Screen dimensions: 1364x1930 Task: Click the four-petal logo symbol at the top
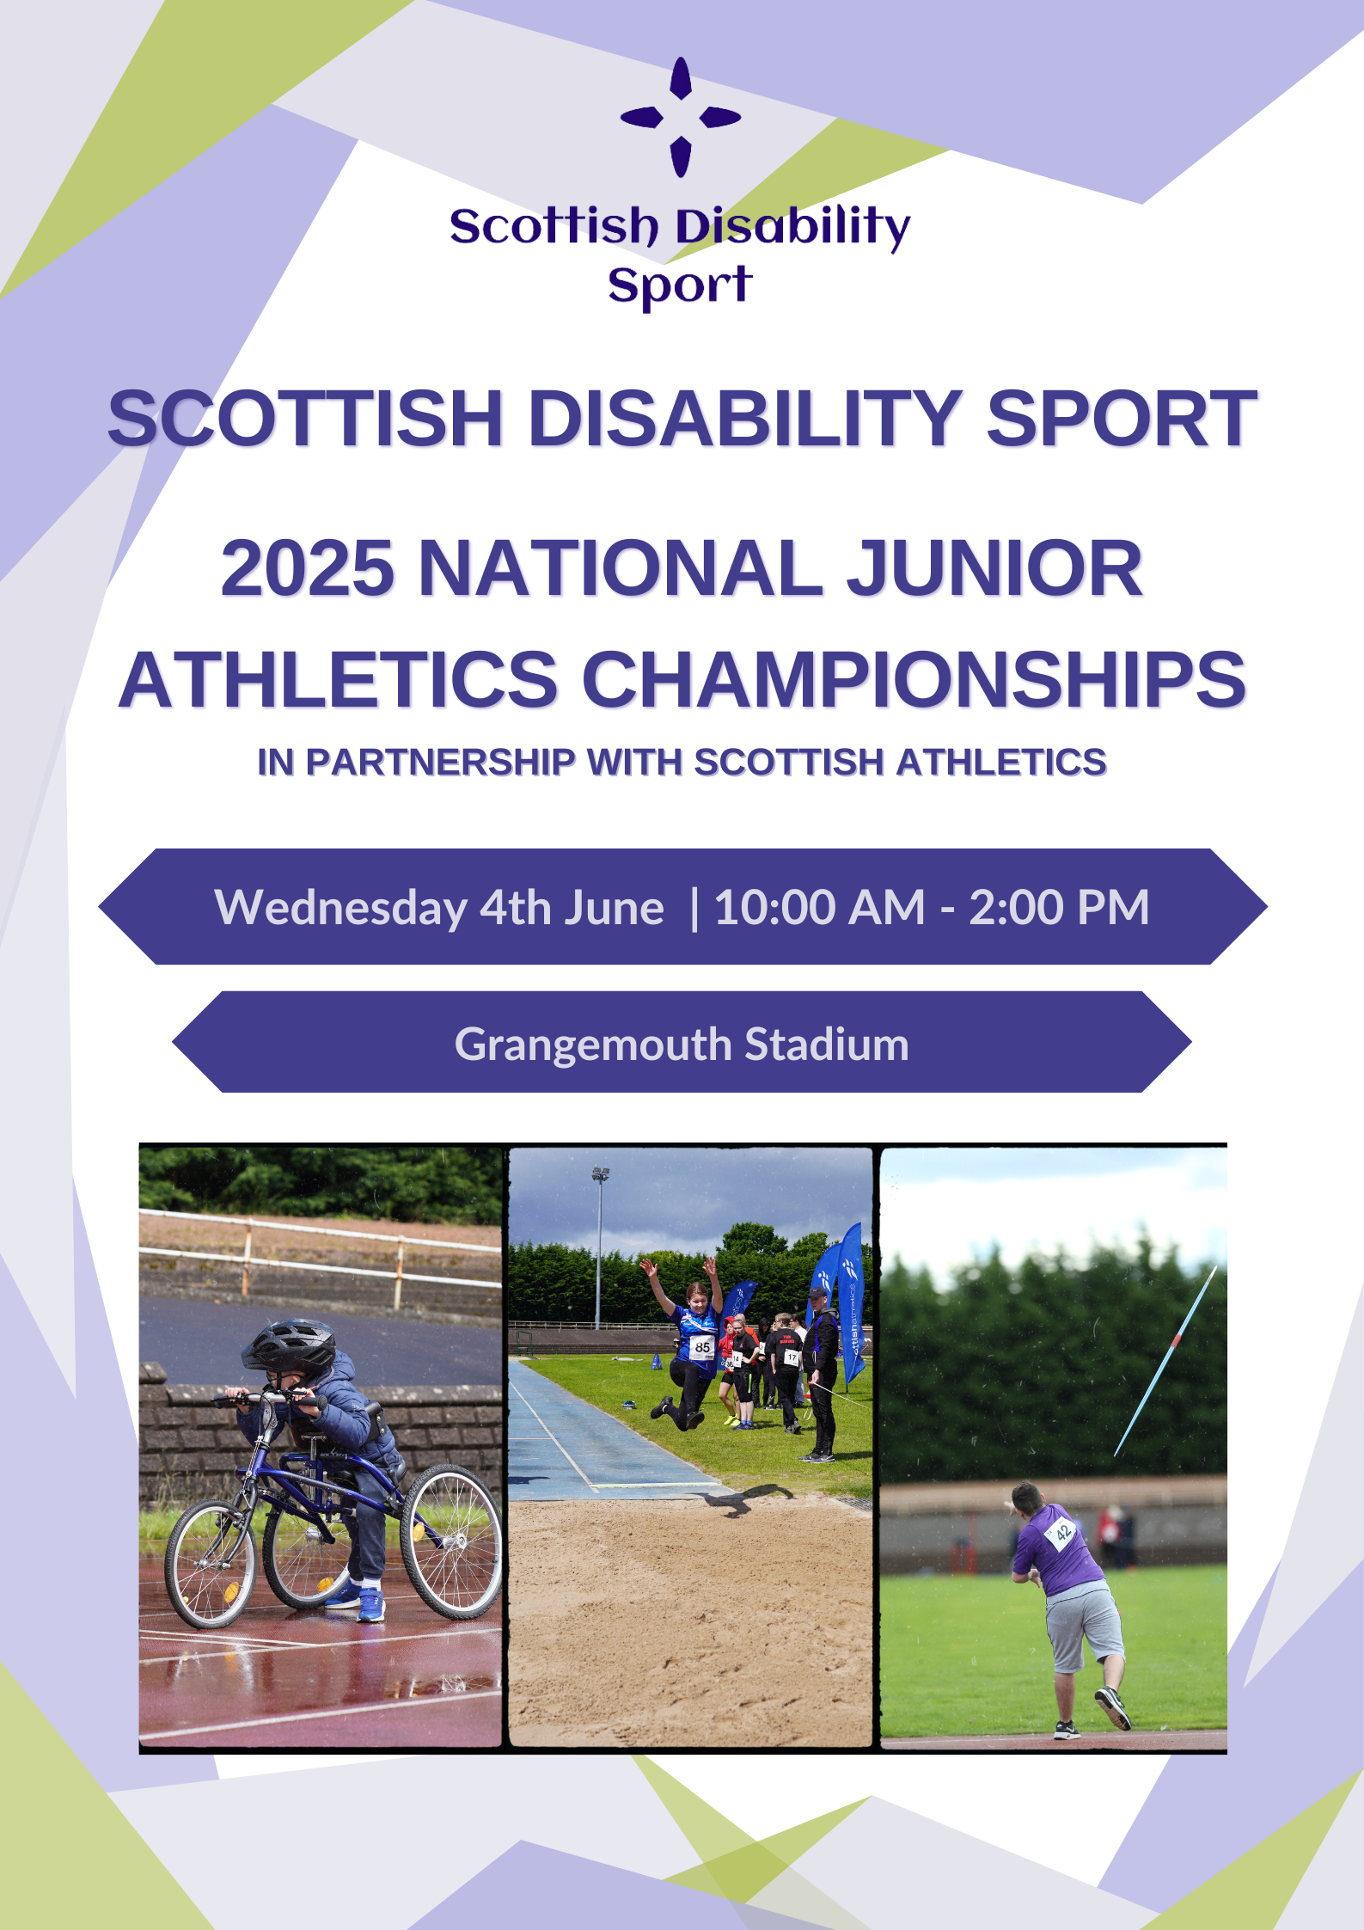click(681, 117)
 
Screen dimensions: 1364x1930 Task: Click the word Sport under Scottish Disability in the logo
click(680, 286)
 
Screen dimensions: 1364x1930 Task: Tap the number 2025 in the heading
click(308, 568)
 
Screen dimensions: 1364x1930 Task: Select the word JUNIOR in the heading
click(994, 568)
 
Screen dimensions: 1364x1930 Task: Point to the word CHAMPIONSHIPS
click(914, 679)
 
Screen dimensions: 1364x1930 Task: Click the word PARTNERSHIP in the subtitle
click(440, 763)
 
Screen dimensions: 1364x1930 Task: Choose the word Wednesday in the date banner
click(341, 908)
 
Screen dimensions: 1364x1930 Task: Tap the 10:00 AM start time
click(819, 908)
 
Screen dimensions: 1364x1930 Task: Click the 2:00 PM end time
click(1059, 908)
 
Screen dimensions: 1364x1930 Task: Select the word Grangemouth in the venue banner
click(593, 1045)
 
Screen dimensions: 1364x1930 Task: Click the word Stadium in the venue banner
click(827, 1044)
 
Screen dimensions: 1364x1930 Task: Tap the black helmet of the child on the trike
click(290, 1345)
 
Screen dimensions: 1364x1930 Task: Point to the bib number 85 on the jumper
click(703, 1347)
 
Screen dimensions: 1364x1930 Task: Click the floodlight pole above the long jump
click(599, 1247)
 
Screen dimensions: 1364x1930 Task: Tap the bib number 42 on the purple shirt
click(1063, 1531)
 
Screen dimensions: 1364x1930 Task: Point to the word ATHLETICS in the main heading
click(339, 679)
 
